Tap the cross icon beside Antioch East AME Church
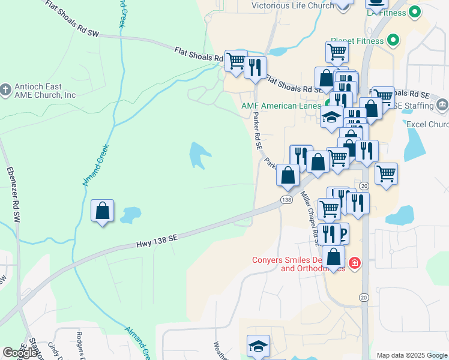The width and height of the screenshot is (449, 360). coord(5,90)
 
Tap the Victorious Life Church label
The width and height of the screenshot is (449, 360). coord(292,5)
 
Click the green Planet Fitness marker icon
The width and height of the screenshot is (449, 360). coord(393,41)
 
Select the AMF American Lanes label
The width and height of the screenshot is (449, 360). coord(280,106)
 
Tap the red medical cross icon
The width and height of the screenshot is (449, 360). coord(355,263)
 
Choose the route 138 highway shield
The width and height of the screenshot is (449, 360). coord(286,199)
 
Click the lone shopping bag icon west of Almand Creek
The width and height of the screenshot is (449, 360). coord(103,211)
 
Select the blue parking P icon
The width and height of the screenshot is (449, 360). coord(343,233)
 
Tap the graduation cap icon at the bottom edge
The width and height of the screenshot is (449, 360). coord(258,346)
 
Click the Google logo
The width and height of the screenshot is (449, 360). coord(20,353)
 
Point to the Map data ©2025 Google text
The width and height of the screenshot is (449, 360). coord(412,355)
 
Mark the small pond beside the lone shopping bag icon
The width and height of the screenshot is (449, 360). coord(130,214)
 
